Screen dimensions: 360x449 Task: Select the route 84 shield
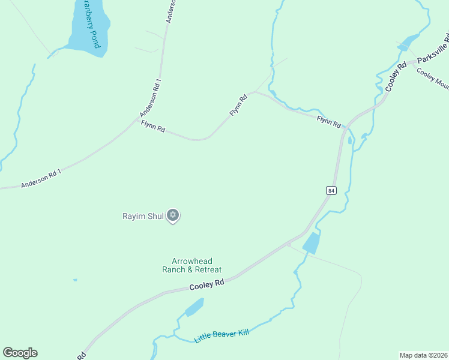click(x=331, y=190)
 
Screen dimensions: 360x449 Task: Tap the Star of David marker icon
click(x=173, y=215)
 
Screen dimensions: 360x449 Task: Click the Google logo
click(x=20, y=353)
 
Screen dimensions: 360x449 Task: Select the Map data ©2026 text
click(x=423, y=355)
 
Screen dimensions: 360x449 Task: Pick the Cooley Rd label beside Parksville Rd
click(x=396, y=76)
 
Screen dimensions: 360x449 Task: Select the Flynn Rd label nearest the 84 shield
click(x=329, y=121)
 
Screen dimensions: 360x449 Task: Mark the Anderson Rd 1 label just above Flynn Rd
click(x=151, y=97)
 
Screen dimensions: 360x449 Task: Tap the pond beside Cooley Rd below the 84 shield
click(x=310, y=242)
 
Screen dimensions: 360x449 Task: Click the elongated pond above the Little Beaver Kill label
click(x=194, y=307)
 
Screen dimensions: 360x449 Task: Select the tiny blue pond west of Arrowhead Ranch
click(x=75, y=280)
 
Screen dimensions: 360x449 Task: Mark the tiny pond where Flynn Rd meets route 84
click(x=349, y=140)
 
